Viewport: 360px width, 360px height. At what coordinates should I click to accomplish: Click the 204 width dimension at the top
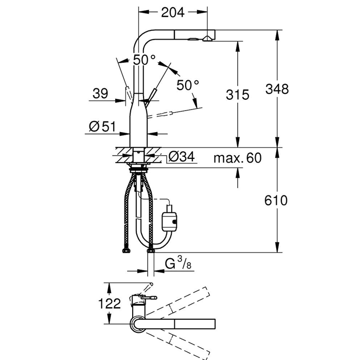click(x=173, y=12)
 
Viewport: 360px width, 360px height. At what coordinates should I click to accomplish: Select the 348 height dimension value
click(x=277, y=89)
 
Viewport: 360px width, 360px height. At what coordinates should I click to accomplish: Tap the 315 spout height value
click(x=238, y=95)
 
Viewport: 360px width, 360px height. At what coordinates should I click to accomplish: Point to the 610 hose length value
click(x=276, y=201)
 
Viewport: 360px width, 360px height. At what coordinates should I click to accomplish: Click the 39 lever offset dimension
click(x=100, y=94)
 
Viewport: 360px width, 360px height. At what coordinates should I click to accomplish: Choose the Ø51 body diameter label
click(x=102, y=127)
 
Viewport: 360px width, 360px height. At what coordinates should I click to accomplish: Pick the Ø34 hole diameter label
click(x=182, y=156)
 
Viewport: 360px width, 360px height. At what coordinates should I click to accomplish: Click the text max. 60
click(x=238, y=158)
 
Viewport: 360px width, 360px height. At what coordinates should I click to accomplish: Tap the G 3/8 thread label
click(x=178, y=263)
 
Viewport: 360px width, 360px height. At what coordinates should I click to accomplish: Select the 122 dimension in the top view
click(x=109, y=303)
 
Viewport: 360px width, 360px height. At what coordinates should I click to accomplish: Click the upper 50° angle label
click(x=144, y=60)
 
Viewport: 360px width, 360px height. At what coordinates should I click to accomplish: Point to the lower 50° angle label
click(x=188, y=85)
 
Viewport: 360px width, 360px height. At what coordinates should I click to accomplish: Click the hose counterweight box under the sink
click(x=169, y=222)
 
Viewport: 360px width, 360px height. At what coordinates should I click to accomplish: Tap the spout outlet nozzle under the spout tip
click(x=208, y=39)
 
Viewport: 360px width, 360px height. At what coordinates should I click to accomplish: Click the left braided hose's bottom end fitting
click(x=127, y=250)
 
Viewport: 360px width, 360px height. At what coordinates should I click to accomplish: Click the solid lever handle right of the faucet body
click(x=151, y=97)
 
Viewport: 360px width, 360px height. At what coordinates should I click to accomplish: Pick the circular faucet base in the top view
click(x=138, y=324)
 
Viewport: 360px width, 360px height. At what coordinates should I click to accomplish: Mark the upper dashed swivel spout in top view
click(x=177, y=301)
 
